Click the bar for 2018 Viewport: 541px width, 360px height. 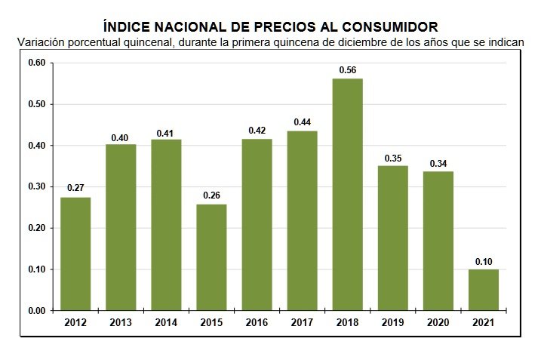point(348,195)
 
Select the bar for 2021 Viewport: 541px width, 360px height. point(484,290)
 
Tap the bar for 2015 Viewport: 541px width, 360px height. point(211,257)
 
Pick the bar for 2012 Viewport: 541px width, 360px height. point(75,254)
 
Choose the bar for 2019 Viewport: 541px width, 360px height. point(393,238)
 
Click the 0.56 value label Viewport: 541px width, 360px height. point(348,70)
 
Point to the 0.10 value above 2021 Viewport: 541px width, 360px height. point(484,261)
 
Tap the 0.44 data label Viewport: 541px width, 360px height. point(303,122)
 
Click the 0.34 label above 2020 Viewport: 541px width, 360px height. point(438,163)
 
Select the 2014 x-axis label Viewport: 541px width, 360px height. point(166,323)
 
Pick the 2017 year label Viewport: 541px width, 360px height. point(303,323)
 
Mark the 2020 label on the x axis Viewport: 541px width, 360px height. point(438,323)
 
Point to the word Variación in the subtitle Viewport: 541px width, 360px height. point(42,42)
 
